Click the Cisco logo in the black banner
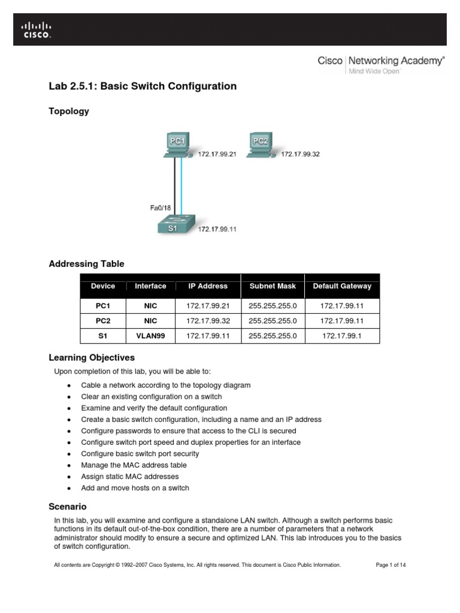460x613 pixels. click(37, 30)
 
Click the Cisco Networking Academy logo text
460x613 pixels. click(381, 61)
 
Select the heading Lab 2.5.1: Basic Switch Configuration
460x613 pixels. click(143, 86)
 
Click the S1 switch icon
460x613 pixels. click(174, 225)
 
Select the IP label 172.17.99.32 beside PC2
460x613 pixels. click(301, 154)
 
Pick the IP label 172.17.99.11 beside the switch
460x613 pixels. click(217, 229)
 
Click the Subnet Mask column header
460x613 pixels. click(273, 286)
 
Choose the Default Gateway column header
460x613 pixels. click(342, 286)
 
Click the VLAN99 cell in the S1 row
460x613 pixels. click(150, 336)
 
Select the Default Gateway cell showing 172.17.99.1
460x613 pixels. click(342, 336)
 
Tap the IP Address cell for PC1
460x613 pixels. click(208, 305)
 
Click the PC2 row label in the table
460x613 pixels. click(103, 321)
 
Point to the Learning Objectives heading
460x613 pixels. click(92, 358)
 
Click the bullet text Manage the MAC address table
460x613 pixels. click(134, 465)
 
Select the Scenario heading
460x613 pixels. click(68, 506)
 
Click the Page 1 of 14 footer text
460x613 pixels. click(391, 565)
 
